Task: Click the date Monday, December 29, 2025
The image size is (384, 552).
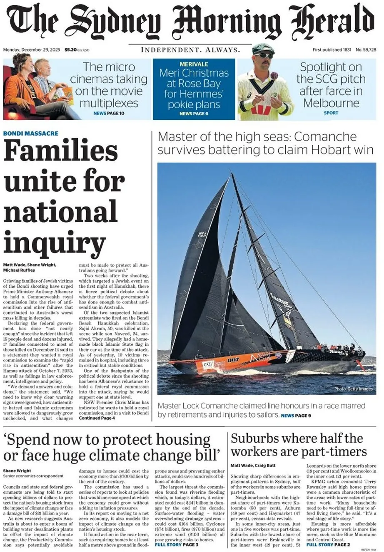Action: (32, 50)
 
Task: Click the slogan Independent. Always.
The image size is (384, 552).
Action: (190, 50)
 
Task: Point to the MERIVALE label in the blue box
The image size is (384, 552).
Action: (194, 64)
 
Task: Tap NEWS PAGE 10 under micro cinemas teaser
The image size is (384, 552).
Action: (109, 113)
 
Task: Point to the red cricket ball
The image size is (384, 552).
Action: (274, 76)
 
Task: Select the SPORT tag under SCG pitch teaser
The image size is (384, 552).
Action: (331, 113)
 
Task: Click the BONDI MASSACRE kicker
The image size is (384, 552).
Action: (31, 134)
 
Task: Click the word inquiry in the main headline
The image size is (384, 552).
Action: (54, 244)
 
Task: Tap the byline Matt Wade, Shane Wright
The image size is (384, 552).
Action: (29, 265)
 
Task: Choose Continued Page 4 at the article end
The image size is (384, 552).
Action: (97, 418)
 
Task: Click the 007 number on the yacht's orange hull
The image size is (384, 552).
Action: (233, 359)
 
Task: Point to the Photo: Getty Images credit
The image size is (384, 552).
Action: (353, 389)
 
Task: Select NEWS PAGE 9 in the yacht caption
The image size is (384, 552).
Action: (296, 416)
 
